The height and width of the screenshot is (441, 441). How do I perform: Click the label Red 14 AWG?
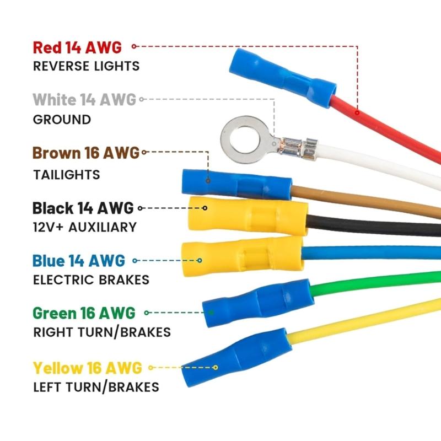(x=77, y=47)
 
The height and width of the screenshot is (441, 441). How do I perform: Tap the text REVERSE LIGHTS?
(x=86, y=66)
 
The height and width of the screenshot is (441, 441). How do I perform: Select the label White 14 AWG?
(x=84, y=100)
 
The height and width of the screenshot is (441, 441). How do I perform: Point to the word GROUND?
(x=62, y=120)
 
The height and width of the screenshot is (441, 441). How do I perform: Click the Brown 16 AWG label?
(x=86, y=153)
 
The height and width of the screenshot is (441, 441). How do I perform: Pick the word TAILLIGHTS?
(x=66, y=175)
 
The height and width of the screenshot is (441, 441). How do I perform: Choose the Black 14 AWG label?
(x=83, y=208)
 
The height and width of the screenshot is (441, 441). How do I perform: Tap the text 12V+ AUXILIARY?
(x=84, y=227)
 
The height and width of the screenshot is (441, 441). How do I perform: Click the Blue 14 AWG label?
(x=79, y=260)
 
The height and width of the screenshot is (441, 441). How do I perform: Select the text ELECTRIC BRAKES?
(x=91, y=279)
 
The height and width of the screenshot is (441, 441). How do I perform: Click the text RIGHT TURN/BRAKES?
(x=102, y=332)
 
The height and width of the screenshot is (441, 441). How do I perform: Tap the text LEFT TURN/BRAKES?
(x=96, y=386)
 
